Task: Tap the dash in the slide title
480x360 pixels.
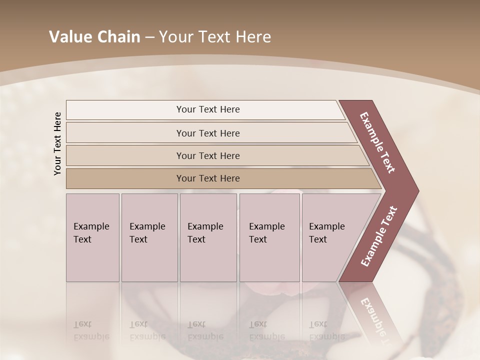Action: (149, 37)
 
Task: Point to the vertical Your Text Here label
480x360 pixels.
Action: (57, 143)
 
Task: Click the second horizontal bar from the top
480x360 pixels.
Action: (208, 133)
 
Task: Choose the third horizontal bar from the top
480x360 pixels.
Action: (208, 155)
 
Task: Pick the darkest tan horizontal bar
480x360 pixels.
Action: (208, 178)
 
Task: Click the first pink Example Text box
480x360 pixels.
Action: (92, 237)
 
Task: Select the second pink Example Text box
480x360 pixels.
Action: (149, 237)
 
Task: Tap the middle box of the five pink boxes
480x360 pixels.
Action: (208, 237)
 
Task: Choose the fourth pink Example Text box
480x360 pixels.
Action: (269, 237)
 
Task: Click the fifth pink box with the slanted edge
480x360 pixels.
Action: (330, 237)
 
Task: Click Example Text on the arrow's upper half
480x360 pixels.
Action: (377, 143)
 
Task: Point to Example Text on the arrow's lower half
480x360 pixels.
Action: (379, 236)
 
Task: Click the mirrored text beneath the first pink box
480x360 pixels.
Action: (91, 330)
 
